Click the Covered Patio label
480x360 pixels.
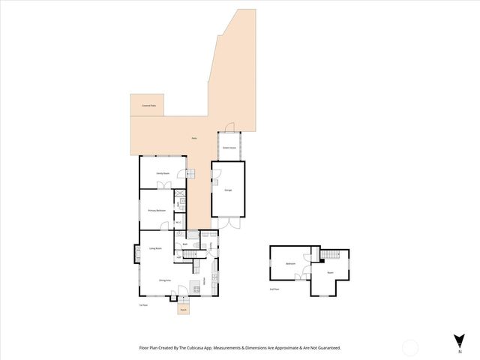[x=148, y=106]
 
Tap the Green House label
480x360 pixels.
[x=229, y=148]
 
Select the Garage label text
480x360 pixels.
[x=228, y=190]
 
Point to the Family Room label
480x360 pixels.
[x=162, y=173]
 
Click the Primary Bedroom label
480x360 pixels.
[x=156, y=211]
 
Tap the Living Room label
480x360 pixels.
[x=156, y=248]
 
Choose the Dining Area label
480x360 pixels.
[x=165, y=280]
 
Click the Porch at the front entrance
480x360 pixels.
[x=183, y=308]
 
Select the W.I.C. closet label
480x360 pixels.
[x=178, y=221]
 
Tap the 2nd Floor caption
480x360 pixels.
[x=274, y=289]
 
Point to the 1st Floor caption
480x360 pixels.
[x=142, y=305]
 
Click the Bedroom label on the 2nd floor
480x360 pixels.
[x=290, y=263]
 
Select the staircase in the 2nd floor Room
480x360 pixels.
[x=330, y=256]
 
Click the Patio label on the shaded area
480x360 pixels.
[x=193, y=139]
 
